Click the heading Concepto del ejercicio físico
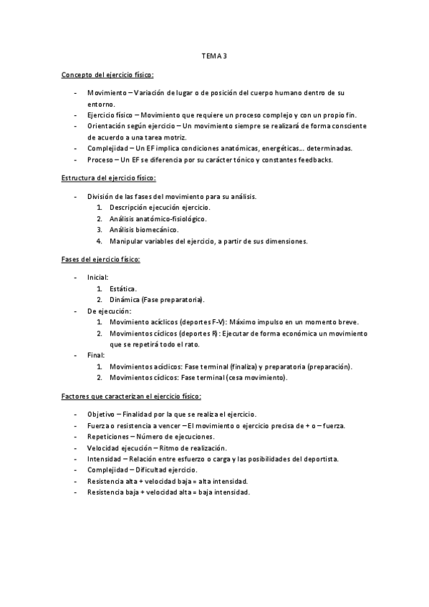tap(107, 74)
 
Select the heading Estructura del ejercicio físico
tap(109, 178)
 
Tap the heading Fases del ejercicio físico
tap(100, 259)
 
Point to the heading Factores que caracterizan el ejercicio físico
tap(131, 396)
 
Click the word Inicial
tap(97, 277)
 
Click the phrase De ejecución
tap(109, 311)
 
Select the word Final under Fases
tap(95, 354)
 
